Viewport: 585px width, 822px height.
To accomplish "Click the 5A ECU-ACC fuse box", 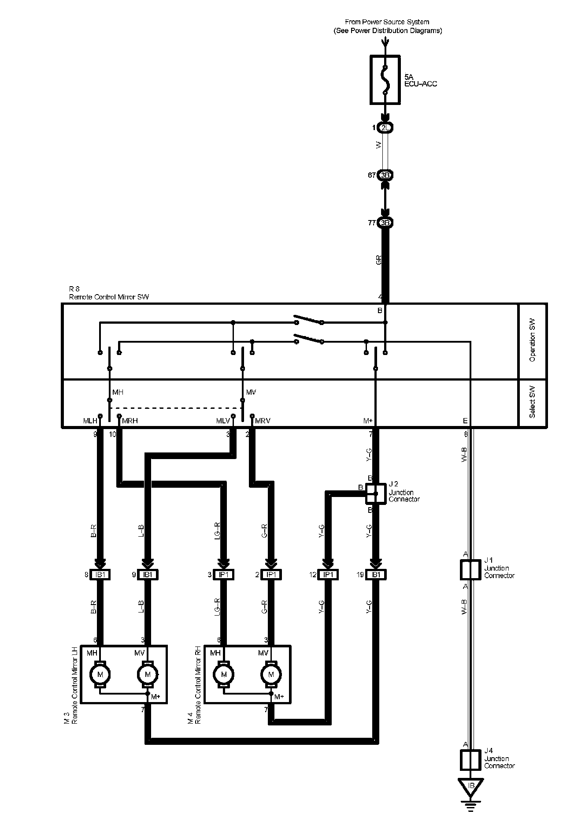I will pyautogui.click(x=385, y=80).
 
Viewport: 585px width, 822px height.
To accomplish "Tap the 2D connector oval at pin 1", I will pyautogui.click(x=385, y=128).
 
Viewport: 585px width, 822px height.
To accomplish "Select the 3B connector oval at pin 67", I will pyautogui.click(x=385, y=175).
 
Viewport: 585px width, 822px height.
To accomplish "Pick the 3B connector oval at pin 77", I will pyautogui.click(x=385, y=223).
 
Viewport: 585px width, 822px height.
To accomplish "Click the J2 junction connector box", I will pyautogui.click(x=375, y=494).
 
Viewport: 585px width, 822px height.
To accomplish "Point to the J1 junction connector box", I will pyautogui.click(x=470, y=570).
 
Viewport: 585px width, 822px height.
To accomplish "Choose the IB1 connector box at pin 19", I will pyautogui.click(x=375, y=575).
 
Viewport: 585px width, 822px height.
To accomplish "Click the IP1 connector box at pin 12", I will pyautogui.click(x=328, y=575).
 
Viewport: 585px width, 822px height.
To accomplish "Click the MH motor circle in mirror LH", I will pyautogui.click(x=100, y=674).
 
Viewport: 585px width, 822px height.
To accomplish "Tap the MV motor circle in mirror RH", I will pyautogui.click(x=271, y=674).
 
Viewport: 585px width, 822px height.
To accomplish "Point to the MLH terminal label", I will pyautogui.click(x=90, y=421).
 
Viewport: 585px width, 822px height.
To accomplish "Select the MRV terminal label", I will pyautogui.click(x=263, y=421).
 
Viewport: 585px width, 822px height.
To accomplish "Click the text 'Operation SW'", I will pyautogui.click(x=533, y=341).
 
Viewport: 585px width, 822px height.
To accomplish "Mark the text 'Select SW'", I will pyautogui.click(x=533, y=402).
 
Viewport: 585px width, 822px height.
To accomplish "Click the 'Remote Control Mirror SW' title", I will pyautogui.click(x=109, y=297).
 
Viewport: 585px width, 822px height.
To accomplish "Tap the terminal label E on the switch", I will pyautogui.click(x=465, y=421).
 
